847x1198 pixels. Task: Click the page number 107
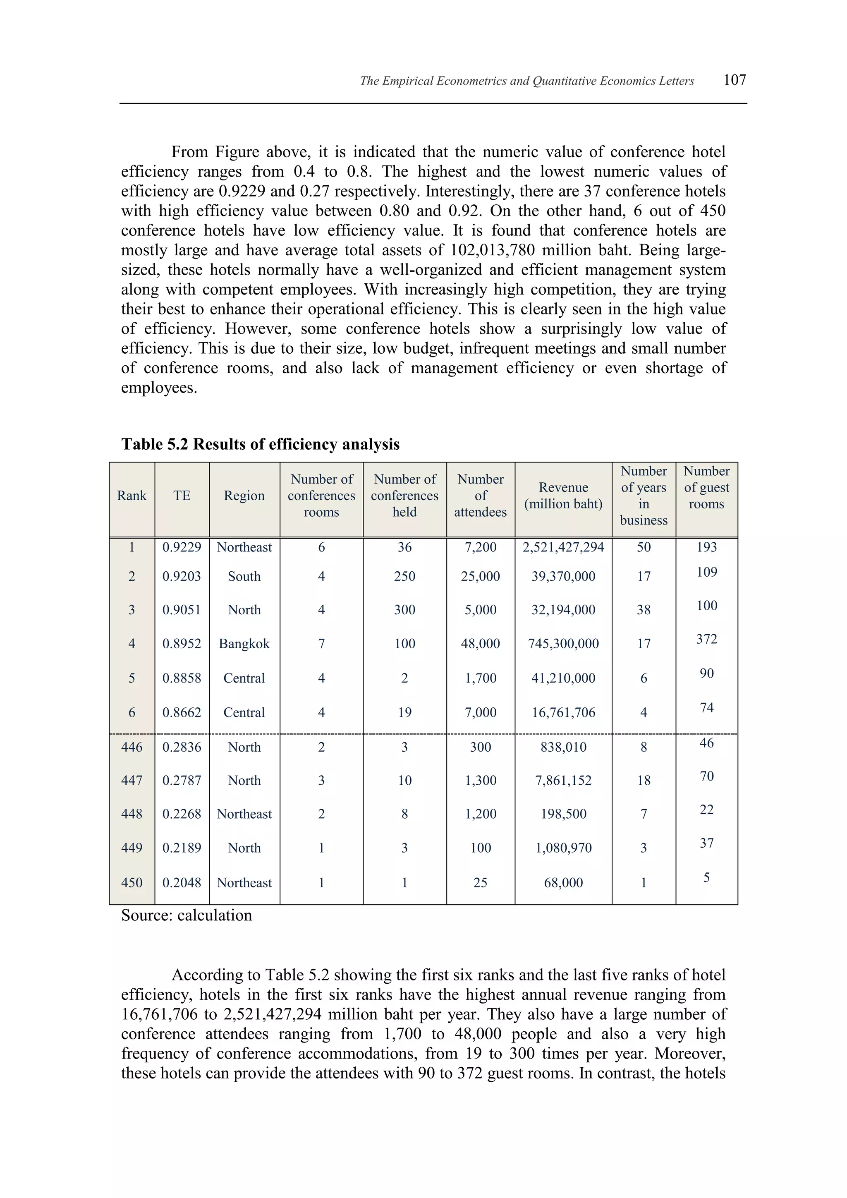(x=735, y=80)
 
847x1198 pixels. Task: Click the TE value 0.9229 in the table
(x=182, y=547)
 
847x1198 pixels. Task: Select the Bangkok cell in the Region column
(x=244, y=643)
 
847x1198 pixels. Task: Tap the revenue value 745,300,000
(x=563, y=643)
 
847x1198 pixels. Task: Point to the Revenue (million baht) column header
(x=563, y=495)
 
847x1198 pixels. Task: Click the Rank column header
(x=132, y=495)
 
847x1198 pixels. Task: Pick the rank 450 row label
(x=132, y=882)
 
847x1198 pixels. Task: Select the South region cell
(x=244, y=576)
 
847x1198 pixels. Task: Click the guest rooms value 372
(x=706, y=639)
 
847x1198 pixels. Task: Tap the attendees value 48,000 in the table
(x=480, y=643)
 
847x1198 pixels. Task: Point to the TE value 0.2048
(x=182, y=882)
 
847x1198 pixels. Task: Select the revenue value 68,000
(x=563, y=882)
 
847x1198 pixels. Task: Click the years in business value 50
(x=644, y=547)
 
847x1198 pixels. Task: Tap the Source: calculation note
(x=186, y=915)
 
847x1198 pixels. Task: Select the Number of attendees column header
(x=480, y=495)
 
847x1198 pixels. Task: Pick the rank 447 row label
(x=132, y=780)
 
